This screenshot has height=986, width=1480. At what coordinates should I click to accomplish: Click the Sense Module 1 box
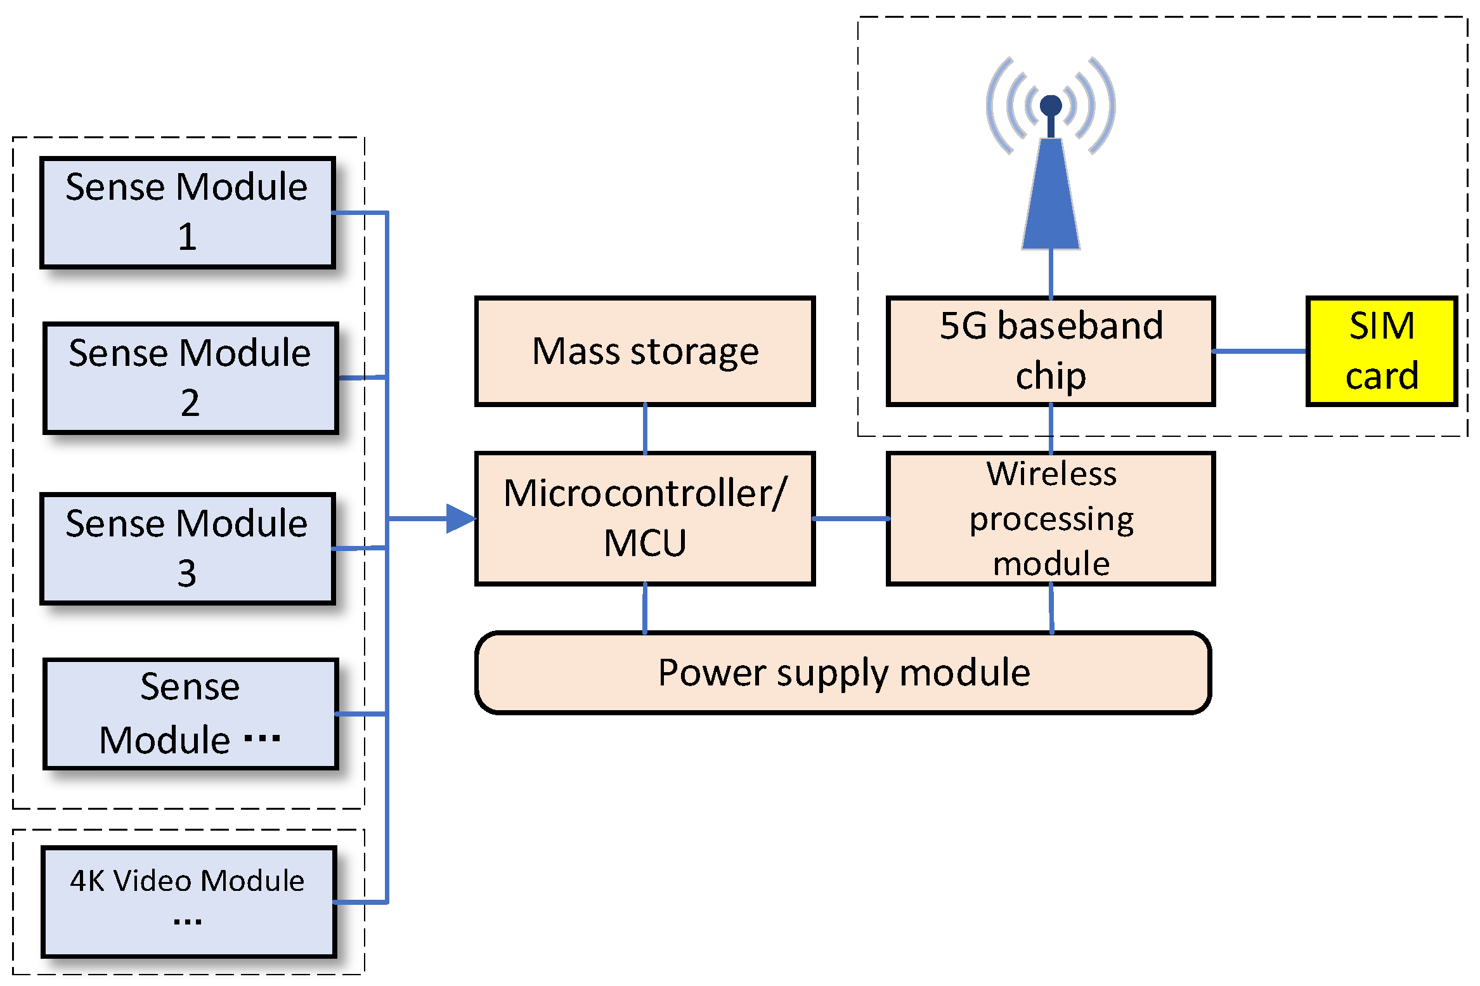point(187,212)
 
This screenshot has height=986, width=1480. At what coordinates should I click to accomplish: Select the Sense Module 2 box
point(190,378)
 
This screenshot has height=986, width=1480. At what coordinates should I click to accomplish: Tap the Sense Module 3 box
point(187,548)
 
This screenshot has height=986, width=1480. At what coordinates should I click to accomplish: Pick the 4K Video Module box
point(188,901)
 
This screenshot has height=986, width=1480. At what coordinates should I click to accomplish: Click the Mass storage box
point(645,351)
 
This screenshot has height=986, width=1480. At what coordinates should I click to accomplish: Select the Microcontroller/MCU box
point(645,518)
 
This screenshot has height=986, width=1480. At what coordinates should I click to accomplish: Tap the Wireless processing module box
point(1051,518)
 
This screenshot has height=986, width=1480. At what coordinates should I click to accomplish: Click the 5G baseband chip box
point(1051,351)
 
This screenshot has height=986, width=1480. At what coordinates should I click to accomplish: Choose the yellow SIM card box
point(1382,351)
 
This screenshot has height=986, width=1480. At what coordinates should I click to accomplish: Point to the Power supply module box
point(843,673)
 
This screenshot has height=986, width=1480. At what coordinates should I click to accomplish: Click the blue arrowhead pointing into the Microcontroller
point(459,519)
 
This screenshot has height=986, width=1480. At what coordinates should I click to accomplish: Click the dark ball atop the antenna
point(1051,105)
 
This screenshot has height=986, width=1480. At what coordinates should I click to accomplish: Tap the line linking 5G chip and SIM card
point(1260,351)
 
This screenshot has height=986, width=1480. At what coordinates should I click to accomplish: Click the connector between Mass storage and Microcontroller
point(645,429)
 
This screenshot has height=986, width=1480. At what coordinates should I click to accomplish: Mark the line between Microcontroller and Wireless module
point(850,519)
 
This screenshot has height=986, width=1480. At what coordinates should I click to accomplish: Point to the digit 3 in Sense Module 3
point(186,573)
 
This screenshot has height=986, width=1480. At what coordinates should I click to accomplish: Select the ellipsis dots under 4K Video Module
point(188,922)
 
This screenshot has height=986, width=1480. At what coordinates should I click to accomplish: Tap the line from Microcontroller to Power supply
point(645,609)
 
